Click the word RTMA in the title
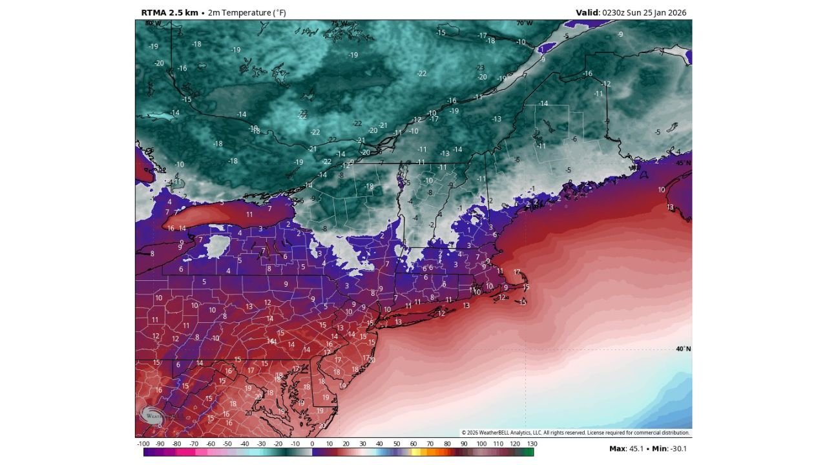click(154, 12)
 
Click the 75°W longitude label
click(339, 23)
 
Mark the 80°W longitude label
click(152, 23)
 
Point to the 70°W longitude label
click(524, 23)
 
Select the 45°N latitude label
click(683, 163)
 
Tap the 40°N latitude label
click(683, 349)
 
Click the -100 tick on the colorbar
click(143, 444)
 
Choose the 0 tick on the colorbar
click(312, 444)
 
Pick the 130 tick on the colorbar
click(532, 444)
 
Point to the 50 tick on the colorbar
click(397, 444)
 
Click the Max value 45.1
click(637, 448)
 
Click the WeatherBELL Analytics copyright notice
click(575, 433)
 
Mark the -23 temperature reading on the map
click(479, 68)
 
